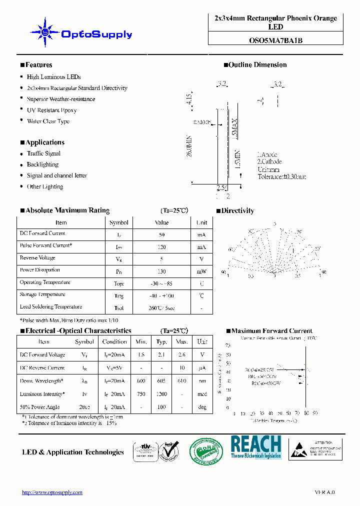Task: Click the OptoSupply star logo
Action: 45,32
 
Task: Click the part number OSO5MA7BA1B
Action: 275,41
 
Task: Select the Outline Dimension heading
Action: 257,65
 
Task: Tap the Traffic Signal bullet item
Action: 43,153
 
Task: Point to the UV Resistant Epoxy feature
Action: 51,110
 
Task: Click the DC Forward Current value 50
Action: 161,234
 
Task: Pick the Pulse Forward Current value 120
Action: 161,246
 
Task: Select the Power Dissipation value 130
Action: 161,270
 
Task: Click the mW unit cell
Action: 201,270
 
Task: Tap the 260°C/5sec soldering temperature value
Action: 161,307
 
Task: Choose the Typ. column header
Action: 161,342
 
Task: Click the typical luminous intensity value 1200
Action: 161,394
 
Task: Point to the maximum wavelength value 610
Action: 181,381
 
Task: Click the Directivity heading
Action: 237,211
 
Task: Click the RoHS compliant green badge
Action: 205,449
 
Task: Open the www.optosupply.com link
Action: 52,492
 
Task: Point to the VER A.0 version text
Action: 324,492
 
